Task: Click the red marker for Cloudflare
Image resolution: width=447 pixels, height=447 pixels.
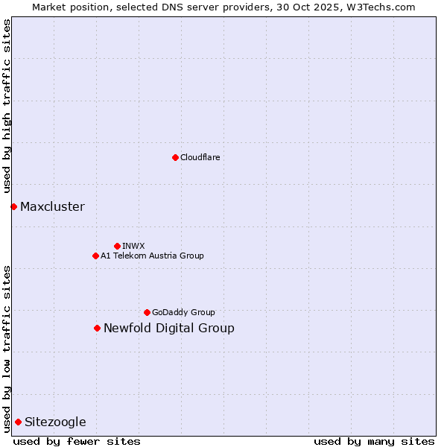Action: click(x=175, y=157)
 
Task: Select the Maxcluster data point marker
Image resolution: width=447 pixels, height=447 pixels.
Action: click(x=13, y=206)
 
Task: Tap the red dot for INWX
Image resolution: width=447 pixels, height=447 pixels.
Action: click(x=117, y=246)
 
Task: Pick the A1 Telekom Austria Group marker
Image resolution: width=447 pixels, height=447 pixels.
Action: click(x=95, y=256)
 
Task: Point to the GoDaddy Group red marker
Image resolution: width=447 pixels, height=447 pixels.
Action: click(x=147, y=312)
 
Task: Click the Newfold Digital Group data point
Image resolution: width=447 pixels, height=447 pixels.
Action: click(x=97, y=328)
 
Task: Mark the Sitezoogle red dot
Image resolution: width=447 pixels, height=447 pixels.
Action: click(x=18, y=422)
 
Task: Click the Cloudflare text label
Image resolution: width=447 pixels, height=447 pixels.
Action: click(x=200, y=157)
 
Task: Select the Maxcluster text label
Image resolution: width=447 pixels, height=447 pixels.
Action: click(x=52, y=206)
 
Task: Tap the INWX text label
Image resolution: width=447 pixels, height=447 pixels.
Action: click(x=133, y=246)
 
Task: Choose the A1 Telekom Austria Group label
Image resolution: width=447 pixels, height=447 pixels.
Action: click(x=152, y=256)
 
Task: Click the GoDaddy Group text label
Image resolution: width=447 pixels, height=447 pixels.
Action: click(x=183, y=312)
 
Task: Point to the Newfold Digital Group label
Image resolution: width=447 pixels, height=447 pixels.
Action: click(x=169, y=328)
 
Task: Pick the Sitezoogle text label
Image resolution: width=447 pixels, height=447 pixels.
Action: click(x=55, y=422)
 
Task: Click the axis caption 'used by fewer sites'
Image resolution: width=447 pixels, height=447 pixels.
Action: click(x=77, y=441)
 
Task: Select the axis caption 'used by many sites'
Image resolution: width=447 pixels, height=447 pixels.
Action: click(x=374, y=441)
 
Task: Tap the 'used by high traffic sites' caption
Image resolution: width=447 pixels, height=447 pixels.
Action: click(x=7, y=106)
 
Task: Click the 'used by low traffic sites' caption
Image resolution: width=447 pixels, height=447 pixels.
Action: click(x=7, y=348)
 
